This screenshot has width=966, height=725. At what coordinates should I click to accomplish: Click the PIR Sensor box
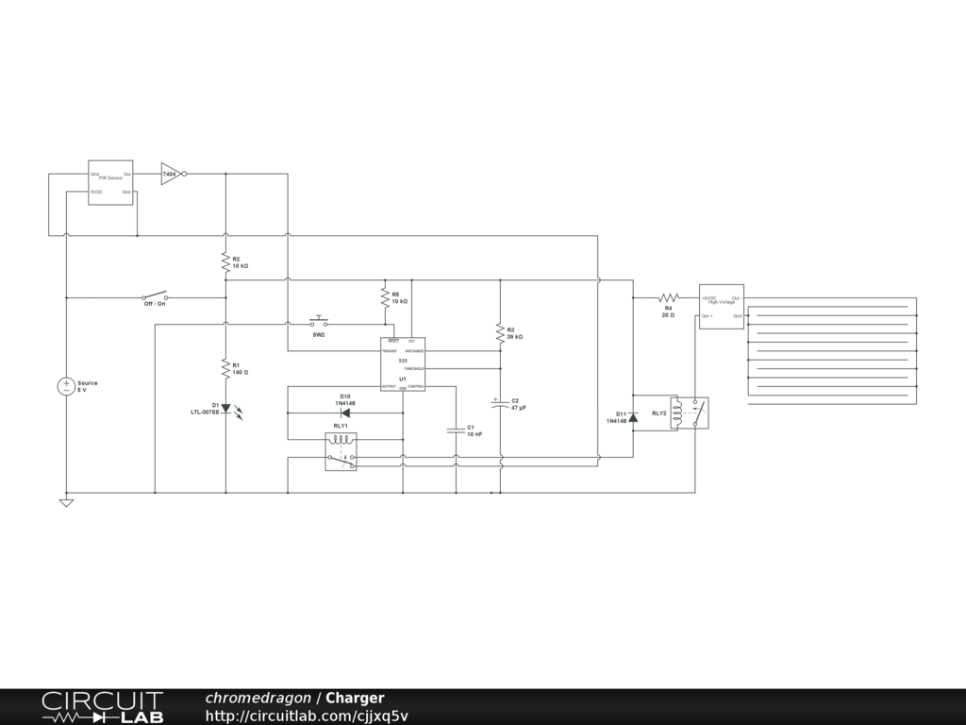(110, 182)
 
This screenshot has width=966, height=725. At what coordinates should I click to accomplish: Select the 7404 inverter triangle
(171, 174)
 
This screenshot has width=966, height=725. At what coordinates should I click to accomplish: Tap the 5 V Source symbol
(66, 386)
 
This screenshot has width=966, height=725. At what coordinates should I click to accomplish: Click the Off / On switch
(155, 295)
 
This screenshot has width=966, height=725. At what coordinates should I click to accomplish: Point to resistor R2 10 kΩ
(225, 261)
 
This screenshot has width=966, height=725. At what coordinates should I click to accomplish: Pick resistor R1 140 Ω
(225, 366)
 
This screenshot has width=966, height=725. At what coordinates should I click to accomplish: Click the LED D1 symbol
(225, 409)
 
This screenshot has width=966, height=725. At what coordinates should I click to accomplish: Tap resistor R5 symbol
(384, 296)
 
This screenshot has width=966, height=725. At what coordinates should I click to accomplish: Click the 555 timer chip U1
(403, 363)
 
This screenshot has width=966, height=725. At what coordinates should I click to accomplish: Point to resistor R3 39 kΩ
(500, 333)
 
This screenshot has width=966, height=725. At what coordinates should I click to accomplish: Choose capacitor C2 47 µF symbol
(500, 403)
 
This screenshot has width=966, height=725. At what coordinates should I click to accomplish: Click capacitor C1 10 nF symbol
(456, 430)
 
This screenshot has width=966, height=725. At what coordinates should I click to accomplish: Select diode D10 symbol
(345, 413)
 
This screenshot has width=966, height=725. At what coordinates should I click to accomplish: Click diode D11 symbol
(633, 415)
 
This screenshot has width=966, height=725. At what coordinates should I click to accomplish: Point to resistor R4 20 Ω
(668, 297)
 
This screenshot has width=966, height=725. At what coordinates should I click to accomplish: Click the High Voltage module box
(721, 306)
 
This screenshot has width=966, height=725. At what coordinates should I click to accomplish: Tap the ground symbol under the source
(66, 502)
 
